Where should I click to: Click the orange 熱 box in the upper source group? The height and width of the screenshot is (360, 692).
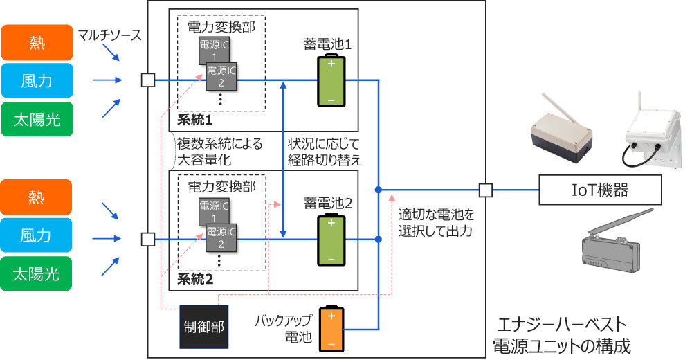point(37,42)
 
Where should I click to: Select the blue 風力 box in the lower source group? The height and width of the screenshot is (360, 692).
point(37,235)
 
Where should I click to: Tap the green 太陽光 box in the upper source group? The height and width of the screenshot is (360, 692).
point(37,120)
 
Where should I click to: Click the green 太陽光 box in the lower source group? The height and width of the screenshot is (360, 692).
point(37,275)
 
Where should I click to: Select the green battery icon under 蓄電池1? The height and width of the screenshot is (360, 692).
point(331,82)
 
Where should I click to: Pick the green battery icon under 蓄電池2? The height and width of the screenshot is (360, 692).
point(331,240)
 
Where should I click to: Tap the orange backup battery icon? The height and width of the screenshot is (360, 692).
point(331,328)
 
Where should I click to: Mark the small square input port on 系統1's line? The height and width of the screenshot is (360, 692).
point(147,80)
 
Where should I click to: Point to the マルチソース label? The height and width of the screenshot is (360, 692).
point(109,35)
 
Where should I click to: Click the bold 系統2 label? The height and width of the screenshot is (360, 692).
point(195,280)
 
